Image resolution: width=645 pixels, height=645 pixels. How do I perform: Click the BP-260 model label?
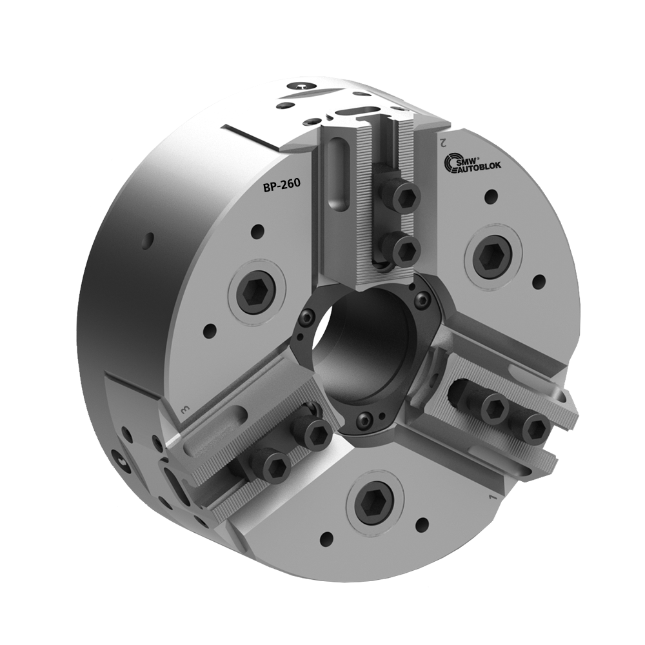click(x=281, y=188)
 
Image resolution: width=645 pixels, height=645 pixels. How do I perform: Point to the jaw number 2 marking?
click(x=442, y=138)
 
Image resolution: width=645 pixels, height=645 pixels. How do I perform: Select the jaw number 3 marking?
click(x=184, y=410)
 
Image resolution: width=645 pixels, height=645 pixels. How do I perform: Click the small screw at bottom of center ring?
click(x=365, y=421)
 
